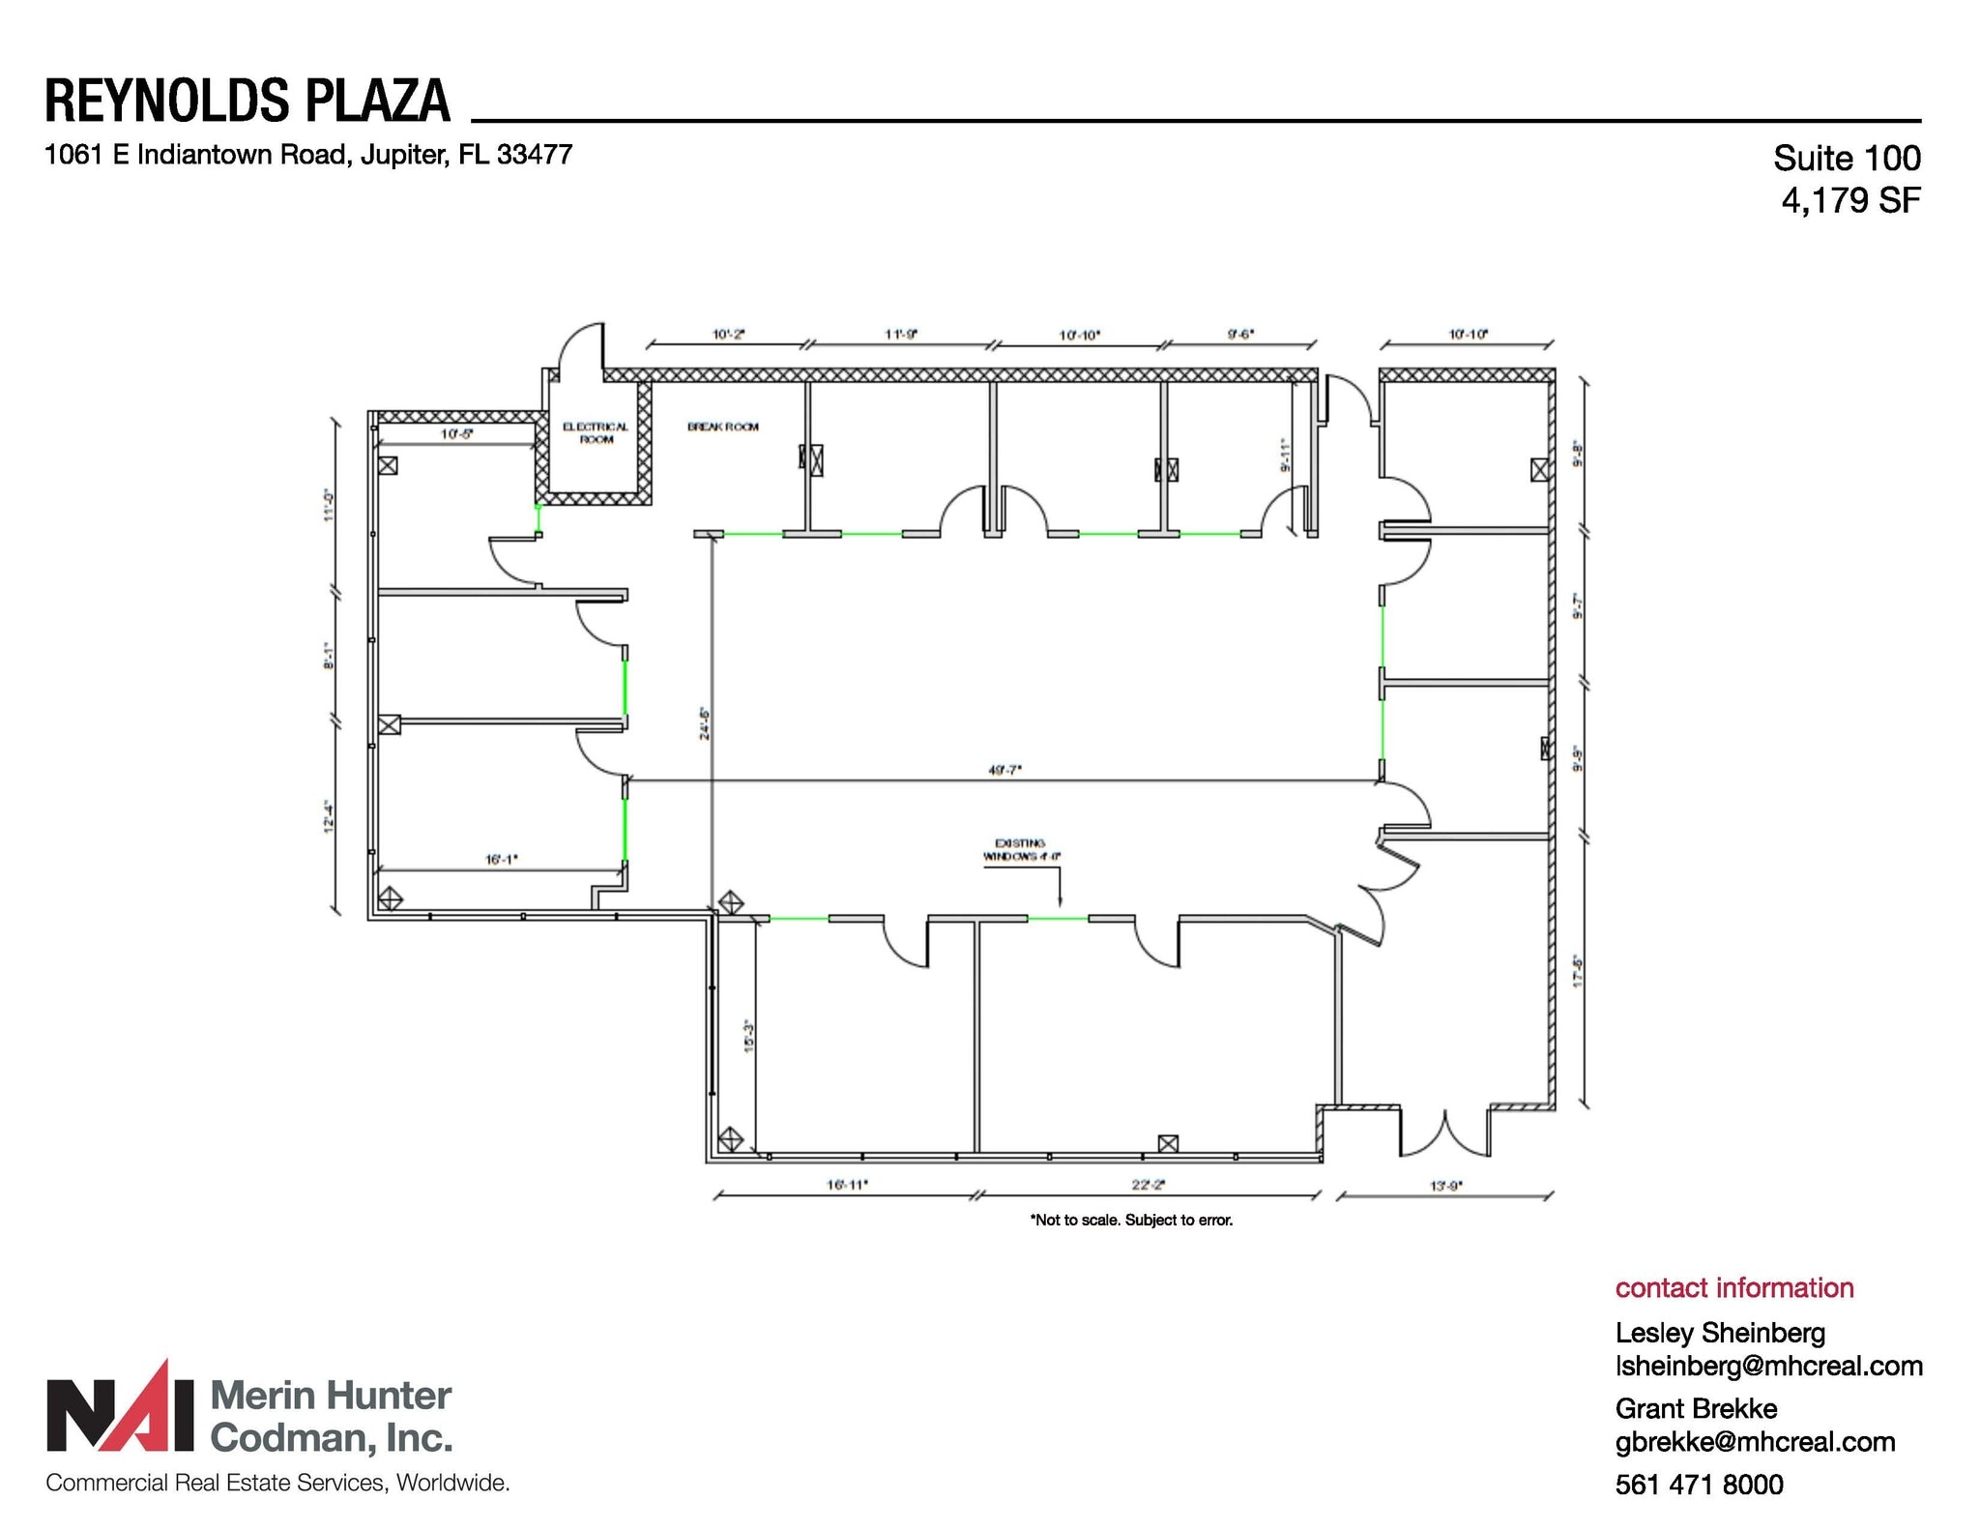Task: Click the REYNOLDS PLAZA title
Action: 247,101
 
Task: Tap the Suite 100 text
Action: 1847,158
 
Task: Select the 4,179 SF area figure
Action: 1850,200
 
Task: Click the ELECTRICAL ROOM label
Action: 596,432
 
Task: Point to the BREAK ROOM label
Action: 722,427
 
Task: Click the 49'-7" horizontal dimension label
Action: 1005,770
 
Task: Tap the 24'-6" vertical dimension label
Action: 705,722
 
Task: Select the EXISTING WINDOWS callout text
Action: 1021,849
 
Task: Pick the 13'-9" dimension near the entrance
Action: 1446,1185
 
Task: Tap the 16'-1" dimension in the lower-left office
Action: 501,859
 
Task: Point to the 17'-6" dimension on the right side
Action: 1577,970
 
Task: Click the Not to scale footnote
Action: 1131,1220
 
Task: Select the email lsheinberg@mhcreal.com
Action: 1768,1366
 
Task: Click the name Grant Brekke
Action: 1696,1408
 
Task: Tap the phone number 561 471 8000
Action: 1699,1484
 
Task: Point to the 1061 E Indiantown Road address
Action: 308,155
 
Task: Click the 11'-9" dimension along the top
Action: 901,335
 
